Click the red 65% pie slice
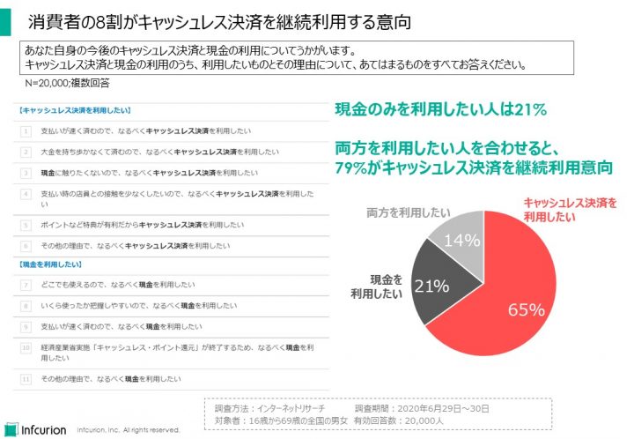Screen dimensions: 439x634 520,291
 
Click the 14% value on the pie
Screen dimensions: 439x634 464,240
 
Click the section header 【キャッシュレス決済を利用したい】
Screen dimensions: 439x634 74,111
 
